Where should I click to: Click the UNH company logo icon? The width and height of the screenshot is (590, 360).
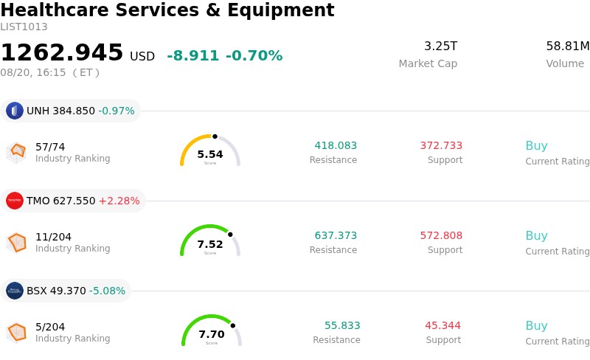[x=15, y=111]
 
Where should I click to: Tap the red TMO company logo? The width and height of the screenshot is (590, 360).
[x=15, y=201]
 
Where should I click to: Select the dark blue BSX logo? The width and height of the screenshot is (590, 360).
[x=15, y=291]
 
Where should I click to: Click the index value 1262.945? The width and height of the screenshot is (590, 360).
[x=62, y=52]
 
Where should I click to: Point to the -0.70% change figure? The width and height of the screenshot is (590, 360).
[x=254, y=56]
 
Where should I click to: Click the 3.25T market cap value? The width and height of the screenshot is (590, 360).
[x=440, y=46]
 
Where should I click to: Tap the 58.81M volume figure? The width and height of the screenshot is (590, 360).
[x=568, y=46]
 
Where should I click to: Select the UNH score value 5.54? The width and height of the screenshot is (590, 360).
[x=210, y=154]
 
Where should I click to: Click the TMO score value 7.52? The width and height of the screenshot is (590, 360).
[x=210, y=244]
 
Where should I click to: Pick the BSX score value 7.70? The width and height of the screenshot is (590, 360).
[x=212, y=334]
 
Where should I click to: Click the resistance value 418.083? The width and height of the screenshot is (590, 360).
[x=336, y=145]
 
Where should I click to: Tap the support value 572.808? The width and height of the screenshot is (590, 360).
[x=441, y=235]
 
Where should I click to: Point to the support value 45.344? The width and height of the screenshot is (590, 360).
[x=443, y=325]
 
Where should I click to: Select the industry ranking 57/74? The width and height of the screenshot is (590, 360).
[x=50, y=147]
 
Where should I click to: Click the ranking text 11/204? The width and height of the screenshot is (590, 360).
[x=53, y=237]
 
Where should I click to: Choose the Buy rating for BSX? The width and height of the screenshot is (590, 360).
[x=537, y=325]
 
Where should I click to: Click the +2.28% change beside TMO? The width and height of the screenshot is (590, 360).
[x=119, y=201]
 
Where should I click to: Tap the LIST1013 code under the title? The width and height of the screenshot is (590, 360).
[x=24, y=27]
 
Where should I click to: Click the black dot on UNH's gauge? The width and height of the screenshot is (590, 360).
[x=215, y=136]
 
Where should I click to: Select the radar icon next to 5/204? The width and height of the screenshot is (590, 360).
[x=16, y=333]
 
